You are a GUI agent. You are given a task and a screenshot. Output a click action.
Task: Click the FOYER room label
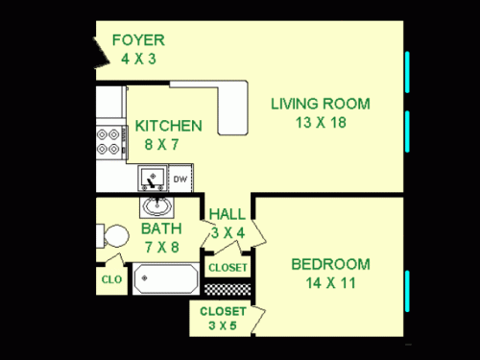coord(139,40)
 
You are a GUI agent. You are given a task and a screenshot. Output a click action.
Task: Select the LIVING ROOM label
coord(320,104)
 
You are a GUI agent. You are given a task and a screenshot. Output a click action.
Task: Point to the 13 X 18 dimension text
coord(320,122)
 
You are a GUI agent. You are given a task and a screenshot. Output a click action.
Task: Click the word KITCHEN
coord(168,126)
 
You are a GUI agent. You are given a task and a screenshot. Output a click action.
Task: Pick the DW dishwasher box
coord(180,179)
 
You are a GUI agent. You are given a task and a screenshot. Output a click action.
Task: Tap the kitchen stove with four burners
coord(110,142)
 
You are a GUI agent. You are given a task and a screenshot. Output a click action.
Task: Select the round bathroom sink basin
coord(156,206)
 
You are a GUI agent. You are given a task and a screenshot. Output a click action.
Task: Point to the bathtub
coord(166,280)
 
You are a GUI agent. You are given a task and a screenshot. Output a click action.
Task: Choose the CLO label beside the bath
coord(109,280)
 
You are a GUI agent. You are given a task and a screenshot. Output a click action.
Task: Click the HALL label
coord(227,214)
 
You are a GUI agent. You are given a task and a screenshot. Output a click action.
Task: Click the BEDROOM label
coord(330,264)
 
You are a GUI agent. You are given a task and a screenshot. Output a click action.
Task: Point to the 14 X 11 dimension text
coord(330,282)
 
